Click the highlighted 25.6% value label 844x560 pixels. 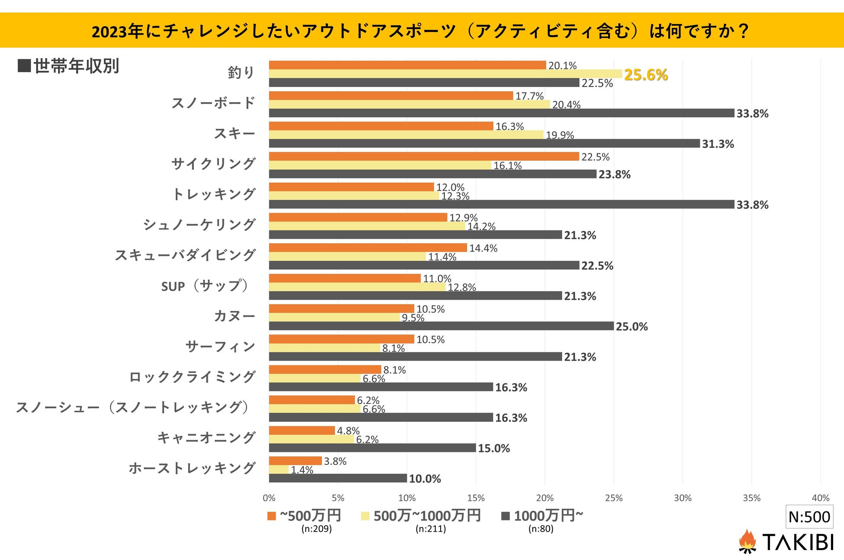[x=645, y=75]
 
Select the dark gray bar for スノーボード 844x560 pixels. [x=501, y=113]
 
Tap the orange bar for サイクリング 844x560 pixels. [x=424, y=157]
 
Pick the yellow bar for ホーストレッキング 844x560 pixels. [x=279, y=470]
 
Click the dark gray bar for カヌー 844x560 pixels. [x=441, y=326]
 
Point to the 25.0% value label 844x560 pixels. [x=631, y=326]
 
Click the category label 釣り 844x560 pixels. [x=241, y=73]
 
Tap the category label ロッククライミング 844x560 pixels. [x=192, y=377]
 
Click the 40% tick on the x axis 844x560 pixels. [x=820, y=498]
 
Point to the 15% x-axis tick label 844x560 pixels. [x=476, y=498]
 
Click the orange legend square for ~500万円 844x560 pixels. [x=272, y=516]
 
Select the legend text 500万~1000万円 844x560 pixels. [x=427, y=515]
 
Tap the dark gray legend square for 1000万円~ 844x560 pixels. [x=505, y=516]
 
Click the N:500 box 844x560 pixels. [x=809, y=517]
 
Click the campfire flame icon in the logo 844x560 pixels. [x=747, y=541]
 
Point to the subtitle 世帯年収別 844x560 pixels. [x=76, y=66]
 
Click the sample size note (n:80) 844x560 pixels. [x=541, y=529]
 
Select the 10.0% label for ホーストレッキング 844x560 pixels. [x=425, y=479]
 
